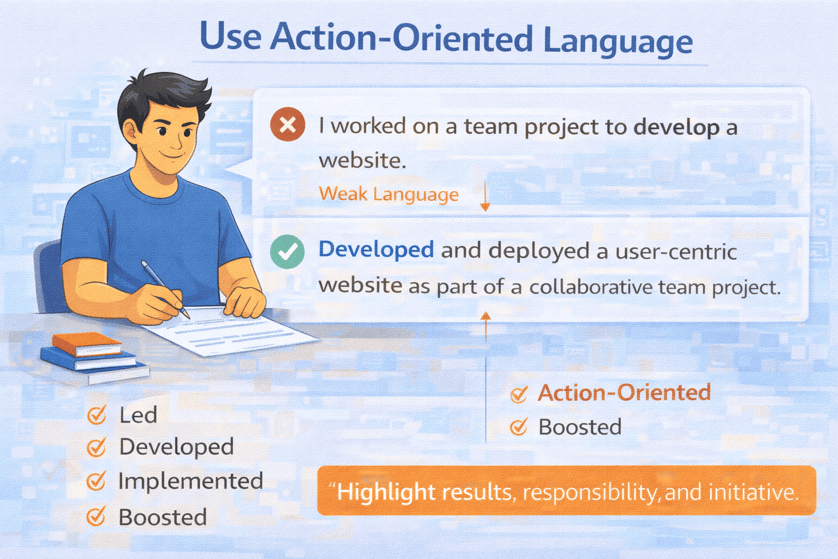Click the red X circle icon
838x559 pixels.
288,124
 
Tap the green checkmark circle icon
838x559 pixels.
288,251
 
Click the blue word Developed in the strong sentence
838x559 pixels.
376,250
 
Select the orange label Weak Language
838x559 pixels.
388,194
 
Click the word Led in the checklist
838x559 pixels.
138,415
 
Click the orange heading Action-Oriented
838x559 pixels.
624,393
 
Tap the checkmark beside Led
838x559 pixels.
97,415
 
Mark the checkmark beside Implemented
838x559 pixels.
97,481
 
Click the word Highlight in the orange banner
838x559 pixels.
386,492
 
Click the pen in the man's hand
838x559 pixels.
165,289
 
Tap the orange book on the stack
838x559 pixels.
86,344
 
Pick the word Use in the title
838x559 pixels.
230,35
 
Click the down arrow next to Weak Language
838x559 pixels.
485,196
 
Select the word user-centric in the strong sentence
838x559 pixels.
676,251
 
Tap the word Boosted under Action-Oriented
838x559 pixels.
580,427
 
